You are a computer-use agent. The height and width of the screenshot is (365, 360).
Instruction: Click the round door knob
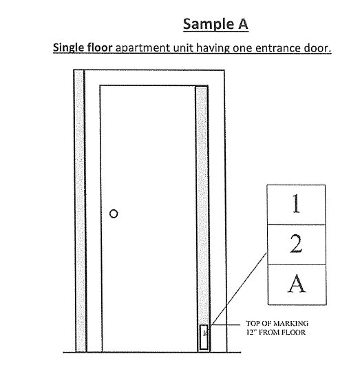pos(114,213)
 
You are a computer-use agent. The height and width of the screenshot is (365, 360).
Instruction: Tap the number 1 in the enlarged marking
pos(296,203)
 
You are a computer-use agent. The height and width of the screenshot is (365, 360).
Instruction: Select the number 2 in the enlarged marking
pos(296,244)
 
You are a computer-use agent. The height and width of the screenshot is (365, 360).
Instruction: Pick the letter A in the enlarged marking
pos(297,283)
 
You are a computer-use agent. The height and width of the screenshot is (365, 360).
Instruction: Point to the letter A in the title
pos(243,23)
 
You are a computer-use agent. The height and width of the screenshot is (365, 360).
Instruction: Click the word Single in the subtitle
pos(67,48)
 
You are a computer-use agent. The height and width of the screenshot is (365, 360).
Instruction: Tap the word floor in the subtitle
pos(98,48)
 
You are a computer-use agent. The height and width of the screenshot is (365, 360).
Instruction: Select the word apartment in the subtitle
pos(142,48)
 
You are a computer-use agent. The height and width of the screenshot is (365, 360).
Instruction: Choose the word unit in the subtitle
pos(183,48)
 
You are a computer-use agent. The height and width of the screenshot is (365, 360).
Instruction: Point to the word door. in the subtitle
pos(316,48)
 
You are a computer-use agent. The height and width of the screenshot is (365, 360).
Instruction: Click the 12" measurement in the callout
pos(251,332)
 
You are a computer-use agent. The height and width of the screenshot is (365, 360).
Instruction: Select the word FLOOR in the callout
pos(294,332)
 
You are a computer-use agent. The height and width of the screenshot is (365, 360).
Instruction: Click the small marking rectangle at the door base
pos(204,337)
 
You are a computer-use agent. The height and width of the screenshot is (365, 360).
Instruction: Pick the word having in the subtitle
pos(213,48)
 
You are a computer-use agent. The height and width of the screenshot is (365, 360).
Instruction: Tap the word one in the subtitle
pos(242,48)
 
